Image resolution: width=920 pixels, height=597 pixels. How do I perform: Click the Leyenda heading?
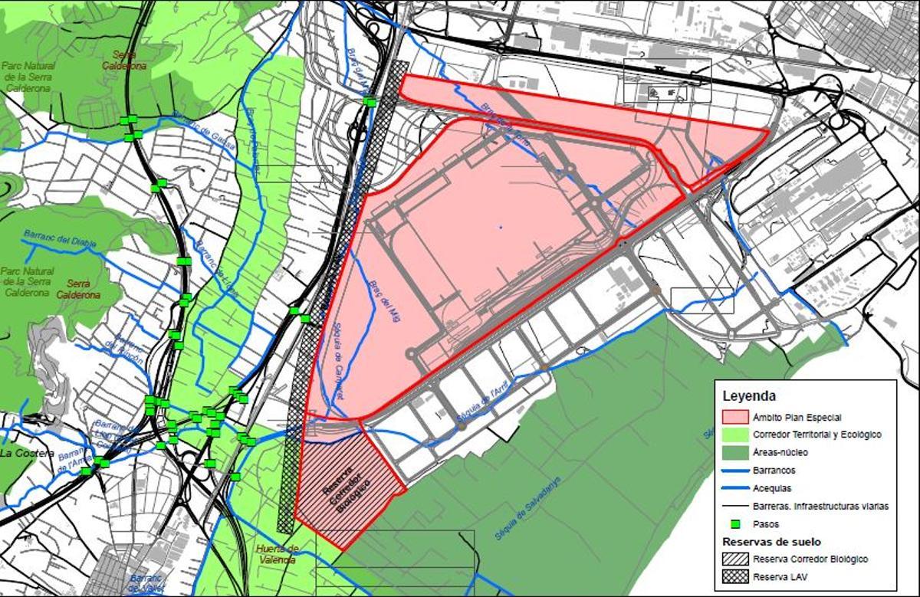coord(749,396)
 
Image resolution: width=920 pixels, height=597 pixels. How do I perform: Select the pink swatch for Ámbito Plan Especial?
coord(735,417)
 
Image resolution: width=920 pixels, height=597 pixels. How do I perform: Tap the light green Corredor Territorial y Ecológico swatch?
coord(735,435)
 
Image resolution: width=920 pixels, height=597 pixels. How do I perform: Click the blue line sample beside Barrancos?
coord(735,470)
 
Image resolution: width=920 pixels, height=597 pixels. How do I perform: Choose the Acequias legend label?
coord(772,487)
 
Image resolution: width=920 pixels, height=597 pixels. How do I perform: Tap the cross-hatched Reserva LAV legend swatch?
coord(735,577)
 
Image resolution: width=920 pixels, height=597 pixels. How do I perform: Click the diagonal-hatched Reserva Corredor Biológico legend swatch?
coord(735,559)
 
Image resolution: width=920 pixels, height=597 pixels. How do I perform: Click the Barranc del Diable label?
coord(58,240)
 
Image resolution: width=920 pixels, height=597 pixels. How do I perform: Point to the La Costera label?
coord(28,454)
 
